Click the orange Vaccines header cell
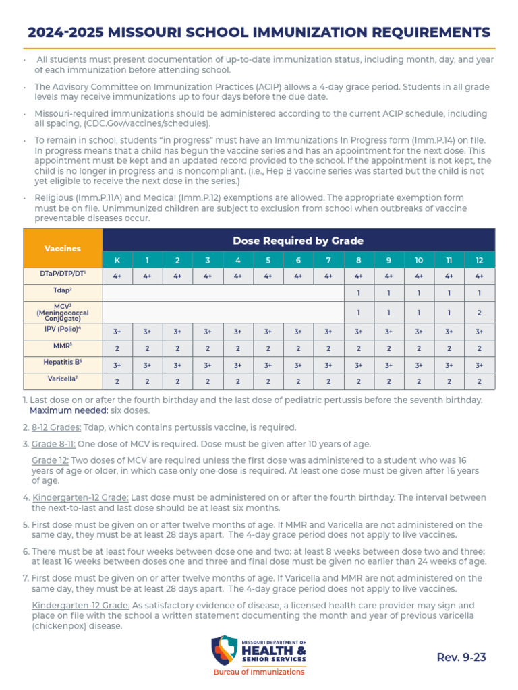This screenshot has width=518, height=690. click(x=63, y=248)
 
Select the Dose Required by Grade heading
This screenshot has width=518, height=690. click(x=298, y=241)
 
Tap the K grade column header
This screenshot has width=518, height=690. click(x=117, y=260)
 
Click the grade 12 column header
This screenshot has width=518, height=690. click(x=480, y=260)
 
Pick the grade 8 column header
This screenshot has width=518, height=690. click(x=358, y=260)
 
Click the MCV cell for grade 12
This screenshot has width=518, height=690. click(x=480, y=313)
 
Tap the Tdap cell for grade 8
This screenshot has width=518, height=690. click(x=358, y=293)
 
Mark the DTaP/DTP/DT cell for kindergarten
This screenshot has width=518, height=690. click(x=117, y=276)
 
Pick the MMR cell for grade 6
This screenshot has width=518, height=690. click(x=298, y=348)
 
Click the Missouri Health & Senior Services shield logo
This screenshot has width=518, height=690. click(x=224, y=651)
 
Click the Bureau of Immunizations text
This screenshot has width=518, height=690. click(x=259, y=672)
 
